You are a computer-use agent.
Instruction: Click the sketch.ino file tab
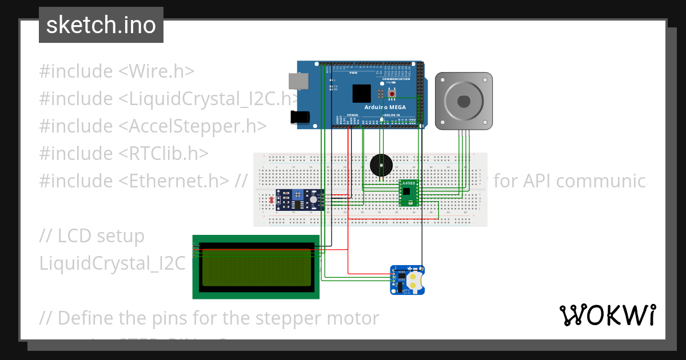101,25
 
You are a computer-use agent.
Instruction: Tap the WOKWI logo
607,315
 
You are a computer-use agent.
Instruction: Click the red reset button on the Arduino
392,93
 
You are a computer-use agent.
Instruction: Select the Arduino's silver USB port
296,81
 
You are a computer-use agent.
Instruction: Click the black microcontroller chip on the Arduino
362,93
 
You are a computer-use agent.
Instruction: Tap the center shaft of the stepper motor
464,101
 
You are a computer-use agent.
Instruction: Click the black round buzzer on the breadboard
381,165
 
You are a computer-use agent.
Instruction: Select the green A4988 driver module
409,193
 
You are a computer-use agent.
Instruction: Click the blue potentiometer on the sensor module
298,195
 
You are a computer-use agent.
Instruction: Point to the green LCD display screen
256,267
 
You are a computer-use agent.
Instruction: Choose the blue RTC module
408,280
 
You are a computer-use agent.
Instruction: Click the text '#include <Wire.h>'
117,71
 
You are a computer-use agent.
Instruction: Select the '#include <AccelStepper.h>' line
153,126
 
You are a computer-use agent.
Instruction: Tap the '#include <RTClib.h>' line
123,154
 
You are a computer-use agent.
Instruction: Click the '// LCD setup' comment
91,236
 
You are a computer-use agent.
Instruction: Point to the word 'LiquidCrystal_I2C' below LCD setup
112,263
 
